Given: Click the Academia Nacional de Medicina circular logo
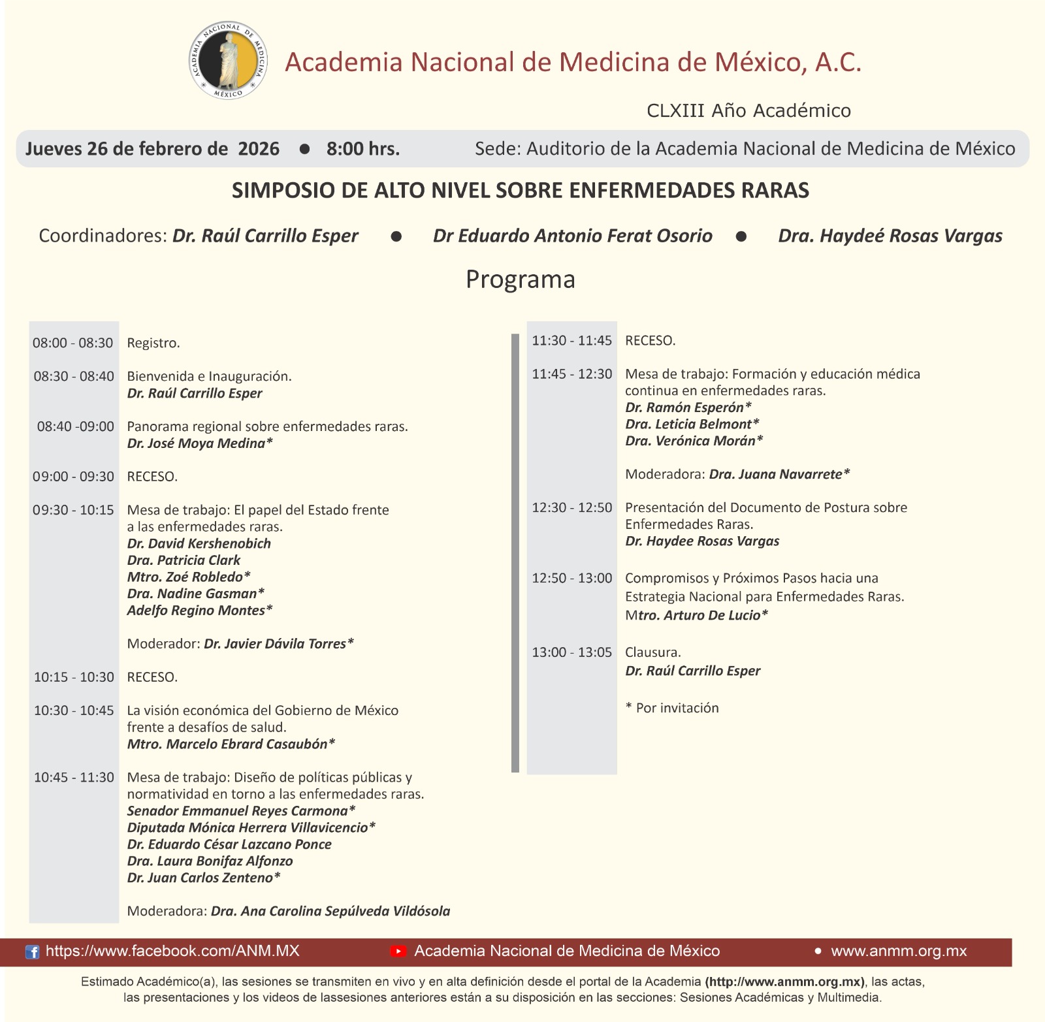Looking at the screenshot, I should [229, 62].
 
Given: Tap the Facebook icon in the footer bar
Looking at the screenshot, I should [32, 952].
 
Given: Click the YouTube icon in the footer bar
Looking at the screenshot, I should [398, 951].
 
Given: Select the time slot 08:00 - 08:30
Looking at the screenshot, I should [73, 343].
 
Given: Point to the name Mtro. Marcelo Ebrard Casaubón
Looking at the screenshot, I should [231, 744].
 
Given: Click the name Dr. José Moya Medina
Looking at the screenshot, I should [199, 443].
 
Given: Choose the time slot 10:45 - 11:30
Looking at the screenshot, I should [74, 777].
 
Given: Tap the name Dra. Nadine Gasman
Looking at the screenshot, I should [195, 594].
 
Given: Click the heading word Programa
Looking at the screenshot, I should [521, 279].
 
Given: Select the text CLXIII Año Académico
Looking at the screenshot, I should [748, 111].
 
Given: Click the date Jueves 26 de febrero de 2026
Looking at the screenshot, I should [152, 149].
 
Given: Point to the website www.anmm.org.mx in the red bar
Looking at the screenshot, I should [898, 951].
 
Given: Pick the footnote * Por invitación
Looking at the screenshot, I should [672, 708].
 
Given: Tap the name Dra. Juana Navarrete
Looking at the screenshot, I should [779, 474].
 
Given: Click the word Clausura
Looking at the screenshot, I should [652, 652].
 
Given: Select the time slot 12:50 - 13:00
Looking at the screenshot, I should [572, 578].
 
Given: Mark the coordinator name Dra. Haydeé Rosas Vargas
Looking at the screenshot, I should [890, 236].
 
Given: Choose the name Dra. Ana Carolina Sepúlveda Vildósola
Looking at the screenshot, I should [330, 911].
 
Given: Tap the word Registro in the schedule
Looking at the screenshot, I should [153, 343].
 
